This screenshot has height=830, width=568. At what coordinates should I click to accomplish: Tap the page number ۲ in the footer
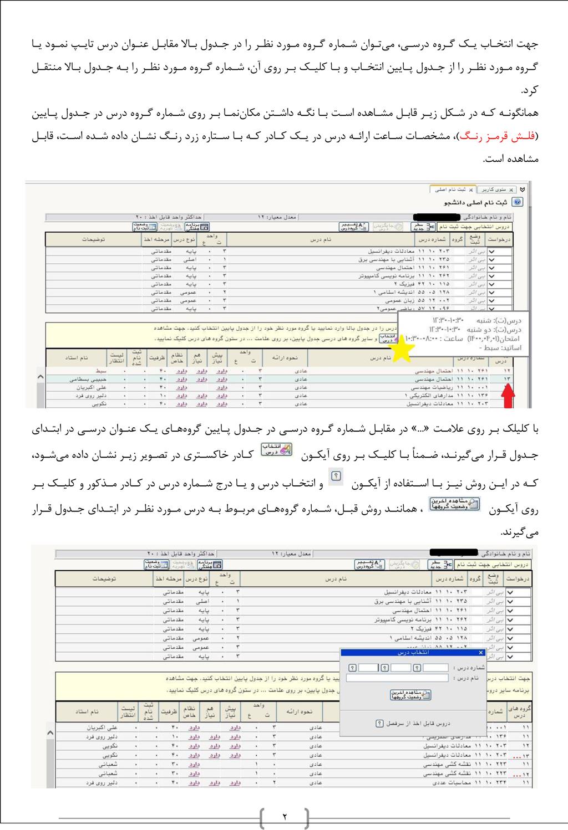[284, 817]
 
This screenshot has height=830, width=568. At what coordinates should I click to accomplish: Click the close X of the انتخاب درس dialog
[480, 653]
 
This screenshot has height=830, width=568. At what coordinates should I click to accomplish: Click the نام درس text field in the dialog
[397, 678]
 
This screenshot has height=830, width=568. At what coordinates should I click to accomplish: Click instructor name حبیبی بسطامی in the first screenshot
[88, 379]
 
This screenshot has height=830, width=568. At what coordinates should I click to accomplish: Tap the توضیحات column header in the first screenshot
[94, 239]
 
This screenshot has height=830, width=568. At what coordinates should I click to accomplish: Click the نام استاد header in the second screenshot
[87, 711]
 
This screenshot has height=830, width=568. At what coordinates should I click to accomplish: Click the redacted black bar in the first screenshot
[438, 217]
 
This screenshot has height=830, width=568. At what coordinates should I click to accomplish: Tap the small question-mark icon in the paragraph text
[337, 475]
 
